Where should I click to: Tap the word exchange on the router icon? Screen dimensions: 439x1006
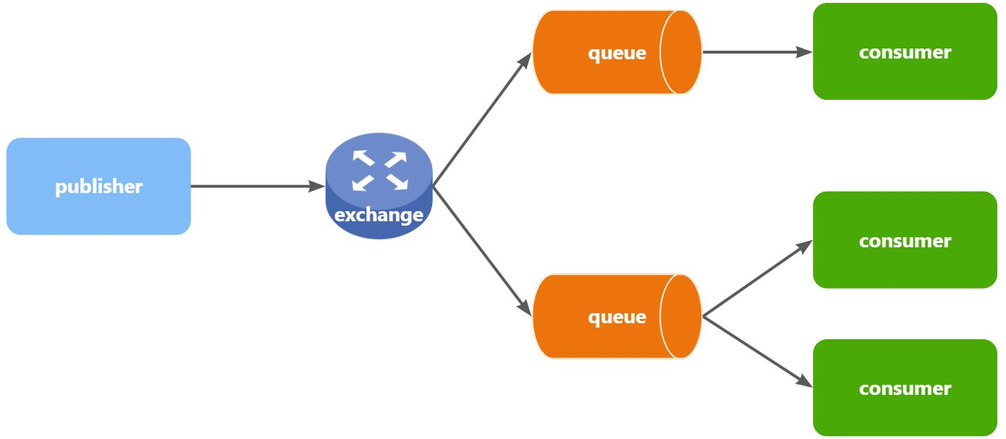point(379,215)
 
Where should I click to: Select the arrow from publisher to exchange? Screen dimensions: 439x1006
point(257,187)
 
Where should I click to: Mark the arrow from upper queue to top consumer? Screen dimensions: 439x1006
point(756,52)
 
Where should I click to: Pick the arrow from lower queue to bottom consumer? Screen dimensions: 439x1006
point(756,350)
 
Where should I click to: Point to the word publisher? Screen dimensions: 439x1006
point(99,187)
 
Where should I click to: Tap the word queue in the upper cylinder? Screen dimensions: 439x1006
point(617,53)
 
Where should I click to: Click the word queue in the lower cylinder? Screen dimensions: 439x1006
point(617,317)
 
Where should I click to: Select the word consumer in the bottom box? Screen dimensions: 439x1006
point(905,389)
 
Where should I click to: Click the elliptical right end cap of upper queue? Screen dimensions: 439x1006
point(681,52)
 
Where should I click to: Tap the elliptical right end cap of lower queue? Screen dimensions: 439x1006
point(681,317)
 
